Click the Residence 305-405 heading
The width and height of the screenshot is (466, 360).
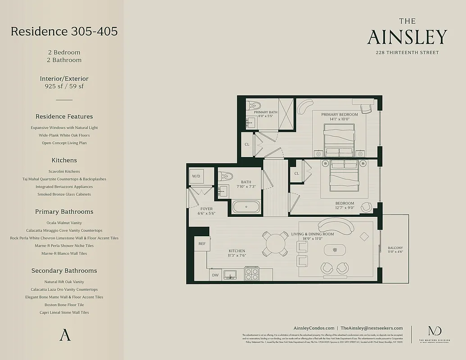64,31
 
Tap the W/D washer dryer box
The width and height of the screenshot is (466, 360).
196,176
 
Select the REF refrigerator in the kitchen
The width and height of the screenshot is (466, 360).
202,243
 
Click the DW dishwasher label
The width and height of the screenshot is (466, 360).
216,274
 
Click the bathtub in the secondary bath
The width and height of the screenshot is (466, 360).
246,207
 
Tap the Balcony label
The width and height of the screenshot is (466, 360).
395,248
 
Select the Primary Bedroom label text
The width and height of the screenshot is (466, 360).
339,115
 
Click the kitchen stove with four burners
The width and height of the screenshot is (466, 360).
252,274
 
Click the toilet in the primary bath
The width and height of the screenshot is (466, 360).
251,106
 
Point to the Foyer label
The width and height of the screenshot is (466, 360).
206,209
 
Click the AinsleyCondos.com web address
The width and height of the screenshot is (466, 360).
314,328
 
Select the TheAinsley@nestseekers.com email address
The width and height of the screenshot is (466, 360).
371,328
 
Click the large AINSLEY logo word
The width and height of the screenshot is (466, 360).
407,37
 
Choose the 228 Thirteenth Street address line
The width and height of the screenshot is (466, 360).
407,53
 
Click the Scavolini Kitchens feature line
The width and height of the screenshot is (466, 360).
64,171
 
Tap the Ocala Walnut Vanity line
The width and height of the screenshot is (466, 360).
64,223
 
